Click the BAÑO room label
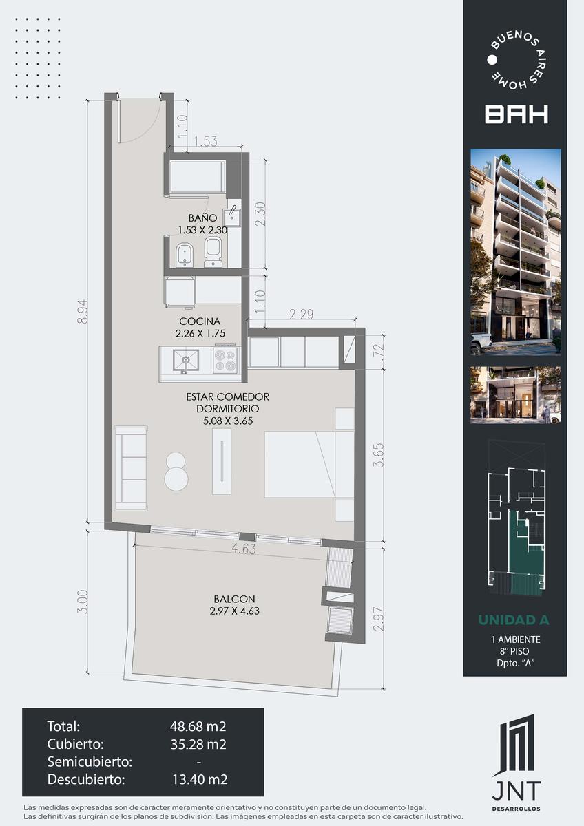click(x=202, y=218)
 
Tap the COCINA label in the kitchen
click(x=200, y=321)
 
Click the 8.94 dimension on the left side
click(x=83, y=311)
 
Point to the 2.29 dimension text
click(x=302, y=314)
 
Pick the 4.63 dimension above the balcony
click(x=244, y=549)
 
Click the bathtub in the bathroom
click(x=198, y=177)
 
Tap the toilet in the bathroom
click(x=213, y=252)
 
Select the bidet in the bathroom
click(x=183, y=255)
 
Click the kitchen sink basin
click(x=186, y=359)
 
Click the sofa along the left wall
click(x=131, y=468)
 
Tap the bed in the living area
click(x=309, y=465)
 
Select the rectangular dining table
click(x=222, y=461)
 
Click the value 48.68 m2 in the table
click(x=198, y=726)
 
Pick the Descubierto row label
click(x=86, y=779)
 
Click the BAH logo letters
click(x=516, y=114)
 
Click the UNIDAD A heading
click(x=514, y=620)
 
